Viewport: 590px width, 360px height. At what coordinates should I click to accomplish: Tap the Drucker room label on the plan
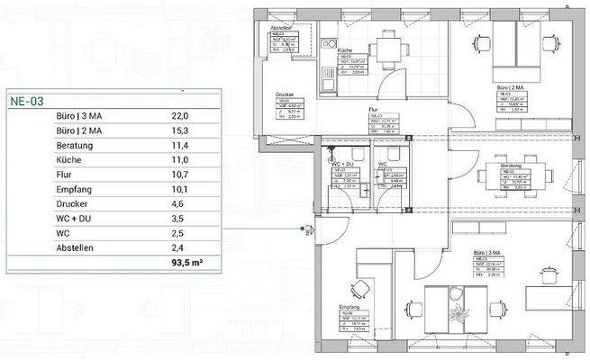coord(286,94)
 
